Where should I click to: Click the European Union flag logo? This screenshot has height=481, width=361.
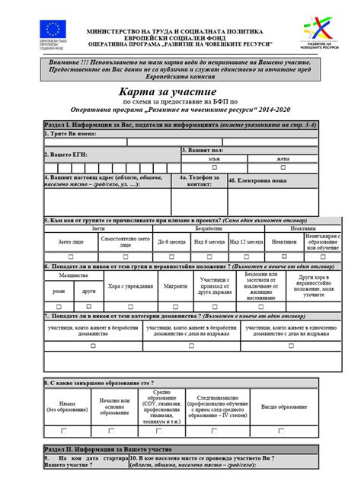(53, 31)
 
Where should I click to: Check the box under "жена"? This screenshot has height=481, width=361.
(284, 167)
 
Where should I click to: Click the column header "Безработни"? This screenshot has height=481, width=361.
(208, 228)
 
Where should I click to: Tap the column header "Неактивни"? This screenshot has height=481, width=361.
(302, 228)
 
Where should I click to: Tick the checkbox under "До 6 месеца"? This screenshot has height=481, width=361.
(172, 257)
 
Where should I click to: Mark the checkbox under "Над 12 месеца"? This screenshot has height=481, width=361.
(246, 257)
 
